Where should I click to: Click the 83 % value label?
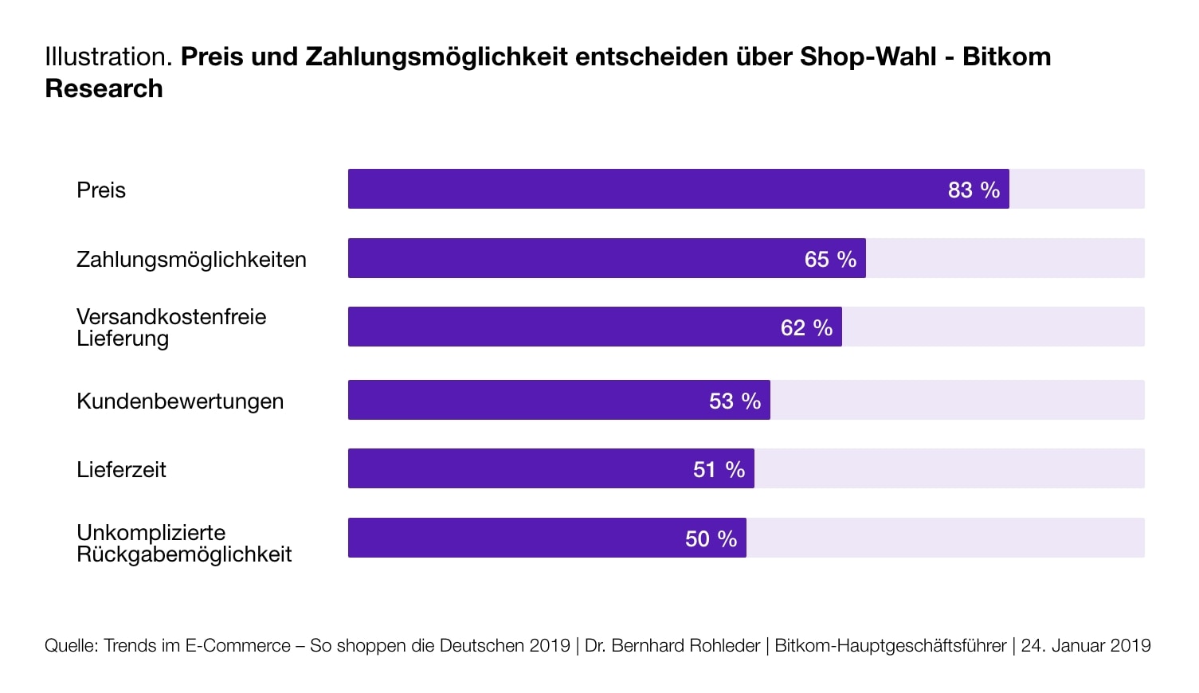[x=974, y=190]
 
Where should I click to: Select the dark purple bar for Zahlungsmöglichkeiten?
[x=574, y=258]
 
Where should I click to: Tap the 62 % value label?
[x=806, y=327]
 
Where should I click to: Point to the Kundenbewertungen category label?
[x=180, y=401]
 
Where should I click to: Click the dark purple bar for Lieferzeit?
[x=518, y=468]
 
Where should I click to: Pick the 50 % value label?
[x=711, y=538]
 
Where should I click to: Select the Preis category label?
[x=101, y=190]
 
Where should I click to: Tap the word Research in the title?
[x=104, y=88]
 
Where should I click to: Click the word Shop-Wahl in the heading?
[x=868, y=57]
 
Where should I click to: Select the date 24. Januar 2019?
[x=1085, y=645]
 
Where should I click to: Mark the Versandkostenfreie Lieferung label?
[x=170, y=327]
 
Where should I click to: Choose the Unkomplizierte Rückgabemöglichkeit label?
[x=183, y=543]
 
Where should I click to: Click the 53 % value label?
[x=735, y=401]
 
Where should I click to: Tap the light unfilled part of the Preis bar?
[x=1076, y=189]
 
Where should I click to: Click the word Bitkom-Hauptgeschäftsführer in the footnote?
[x=890, y=645]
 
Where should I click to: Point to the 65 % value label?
[x=830, y=259]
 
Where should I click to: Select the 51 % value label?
[x=719, y=469]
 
